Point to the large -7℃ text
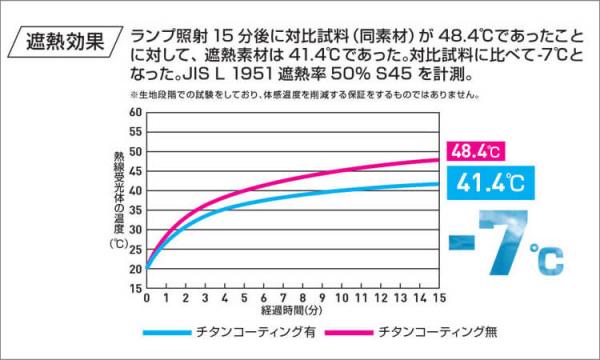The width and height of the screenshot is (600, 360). pyautogui.click(x=507, y=242)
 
